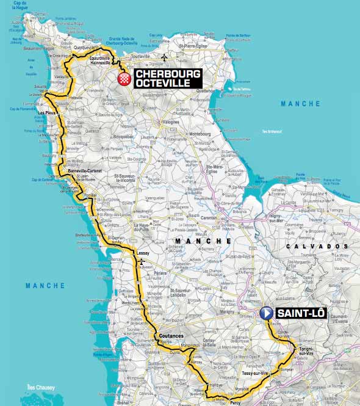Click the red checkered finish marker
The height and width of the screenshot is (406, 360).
[x=126, y=79]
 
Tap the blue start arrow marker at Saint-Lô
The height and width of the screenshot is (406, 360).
[x=267, y=313]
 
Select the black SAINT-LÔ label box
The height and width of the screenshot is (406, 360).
[x=301, y=313]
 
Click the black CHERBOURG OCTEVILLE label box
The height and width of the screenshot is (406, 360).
[x=167, y=78]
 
